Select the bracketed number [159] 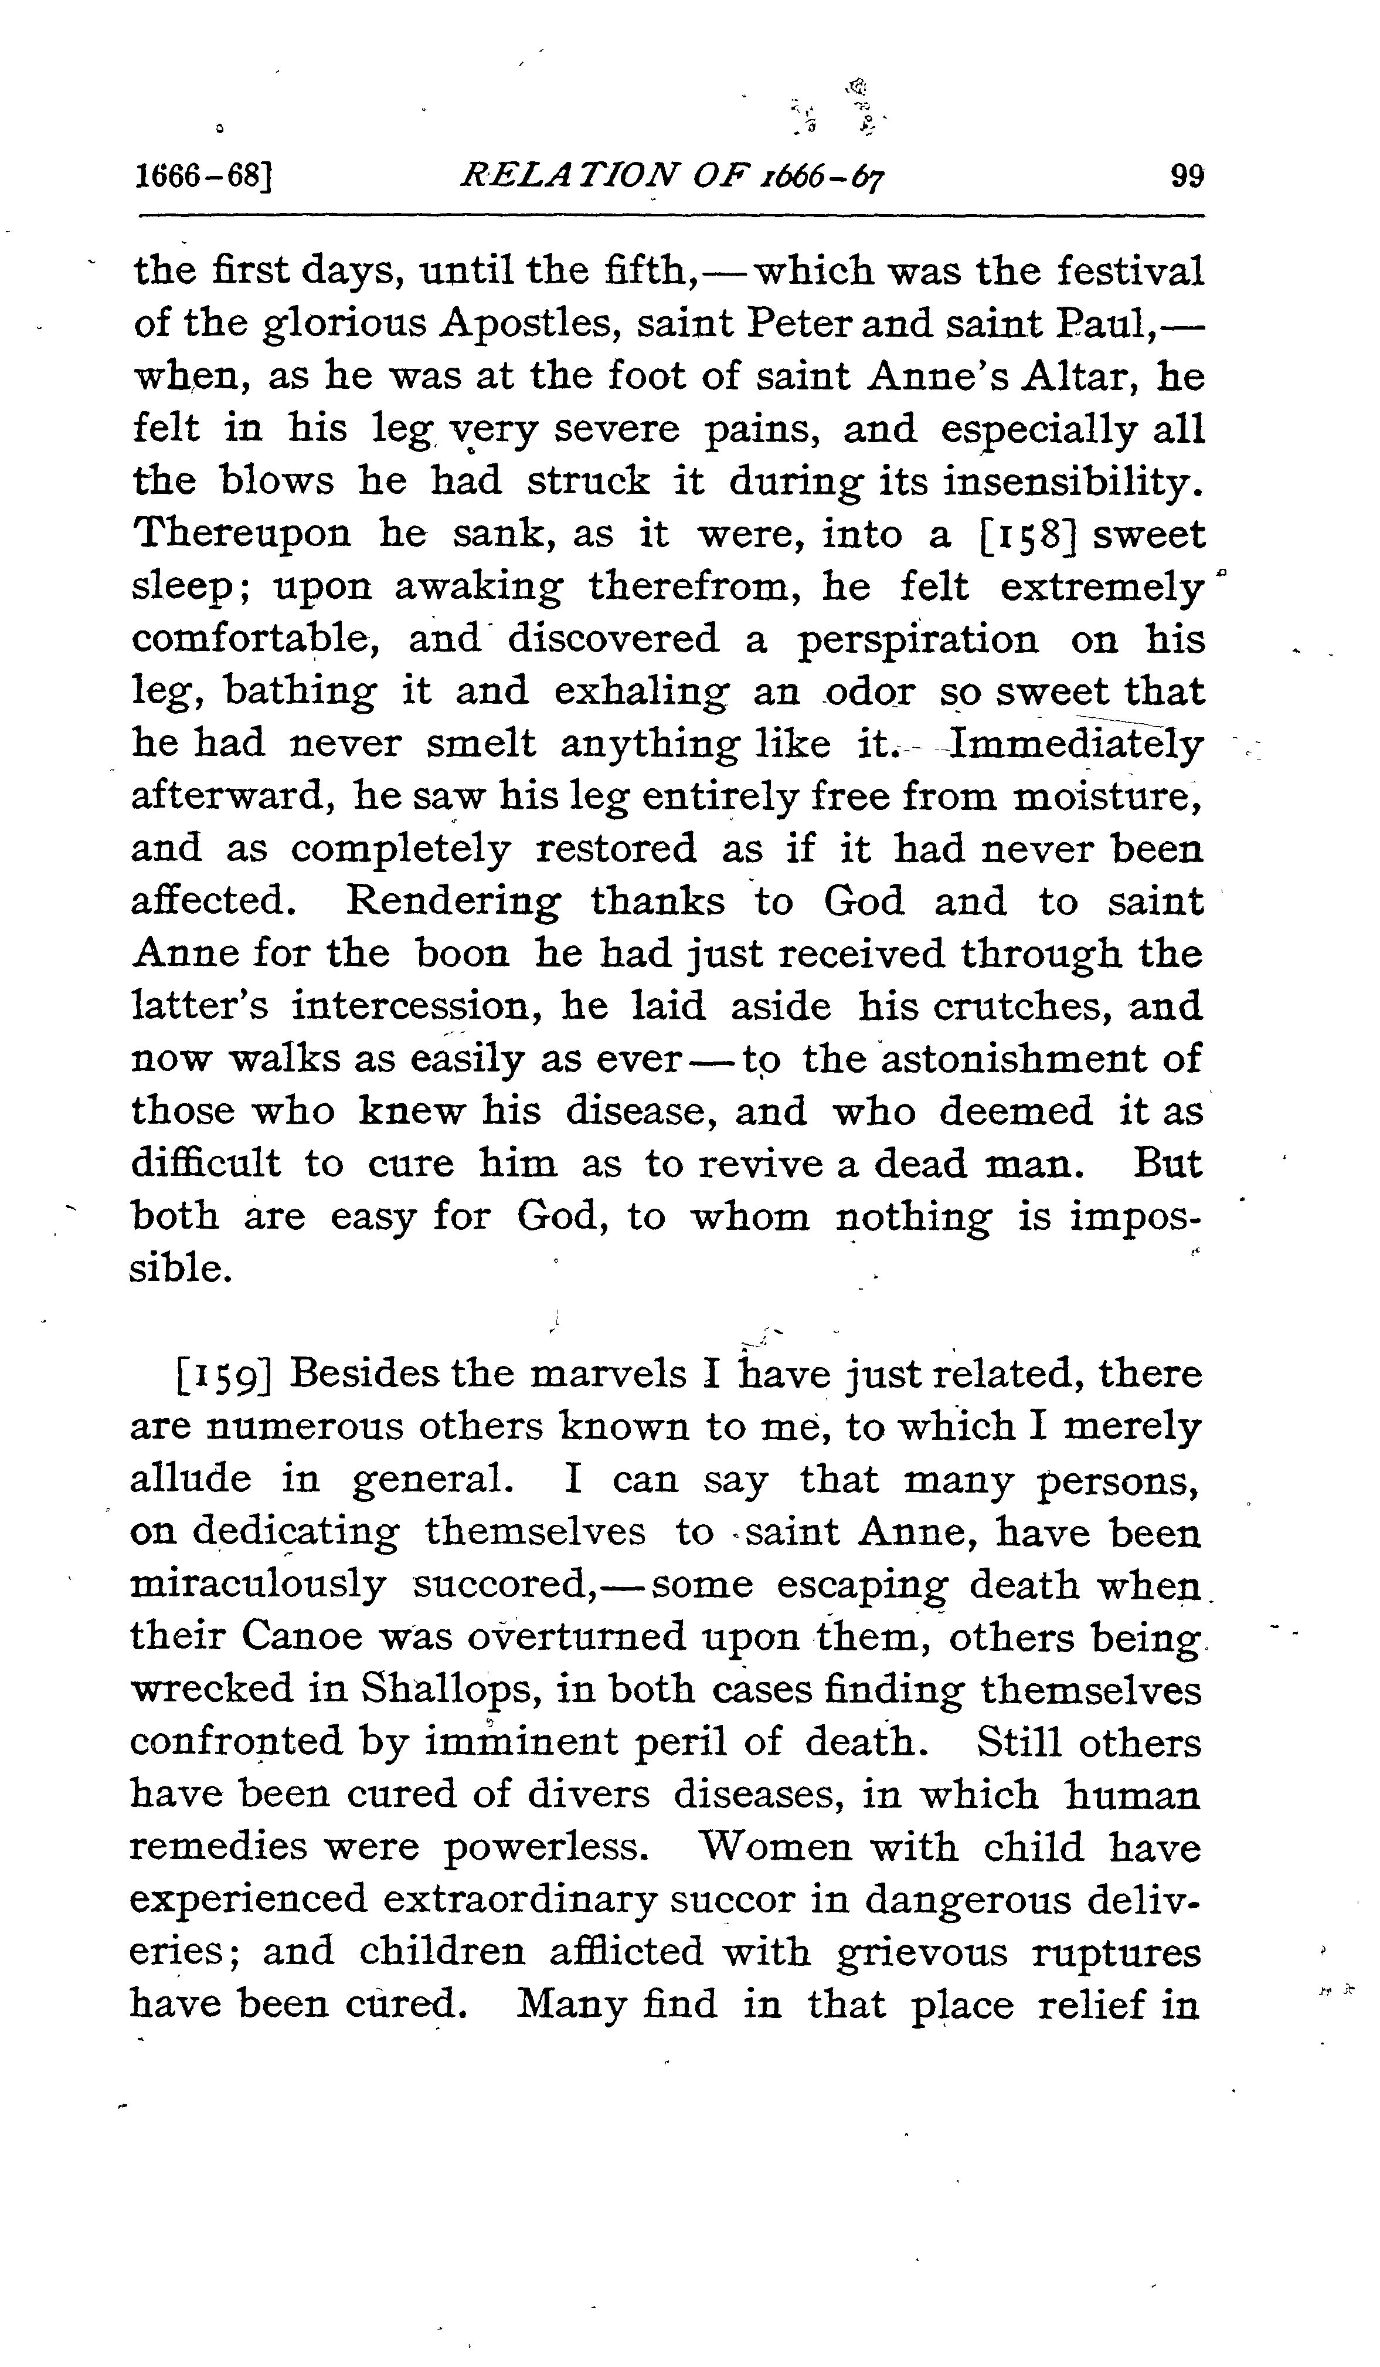pyautogui.click(x=223, y=1374)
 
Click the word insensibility pyautogui.click(x=1072, y=482)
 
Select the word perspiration pyautogui.click(x=918, y=640)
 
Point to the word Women pyautogui.click(x=774, y=1847)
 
